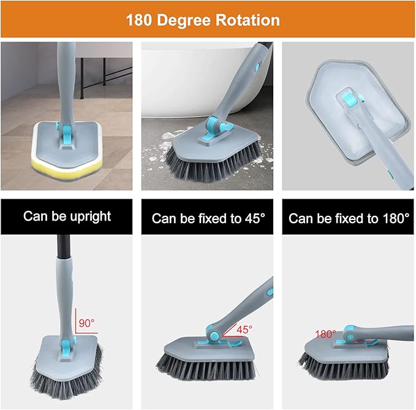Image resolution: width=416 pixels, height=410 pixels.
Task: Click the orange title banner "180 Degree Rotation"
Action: pyautogui.click(x=208, y=20)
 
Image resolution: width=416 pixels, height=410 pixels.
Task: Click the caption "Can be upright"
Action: pyautogui.click(x=67, y=216)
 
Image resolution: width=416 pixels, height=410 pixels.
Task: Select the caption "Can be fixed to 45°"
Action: pyautogui.click(x=208, y=218)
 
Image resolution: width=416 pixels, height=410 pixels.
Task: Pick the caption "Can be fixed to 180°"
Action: pyautogui.click(x=349, y=218)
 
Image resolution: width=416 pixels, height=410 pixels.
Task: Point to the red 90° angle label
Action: pyautogui.click(x=87, y=321)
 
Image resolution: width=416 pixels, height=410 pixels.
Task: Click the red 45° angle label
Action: pyautogui.click(x=244, y=330)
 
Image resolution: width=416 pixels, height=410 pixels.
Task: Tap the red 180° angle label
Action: pyautogui.click(x=325, y=334)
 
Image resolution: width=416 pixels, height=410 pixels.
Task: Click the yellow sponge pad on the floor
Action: pyautogui.click(x=61, y=162)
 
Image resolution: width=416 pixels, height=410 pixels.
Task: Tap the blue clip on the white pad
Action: pyautogui.click(x=347, y=98)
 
